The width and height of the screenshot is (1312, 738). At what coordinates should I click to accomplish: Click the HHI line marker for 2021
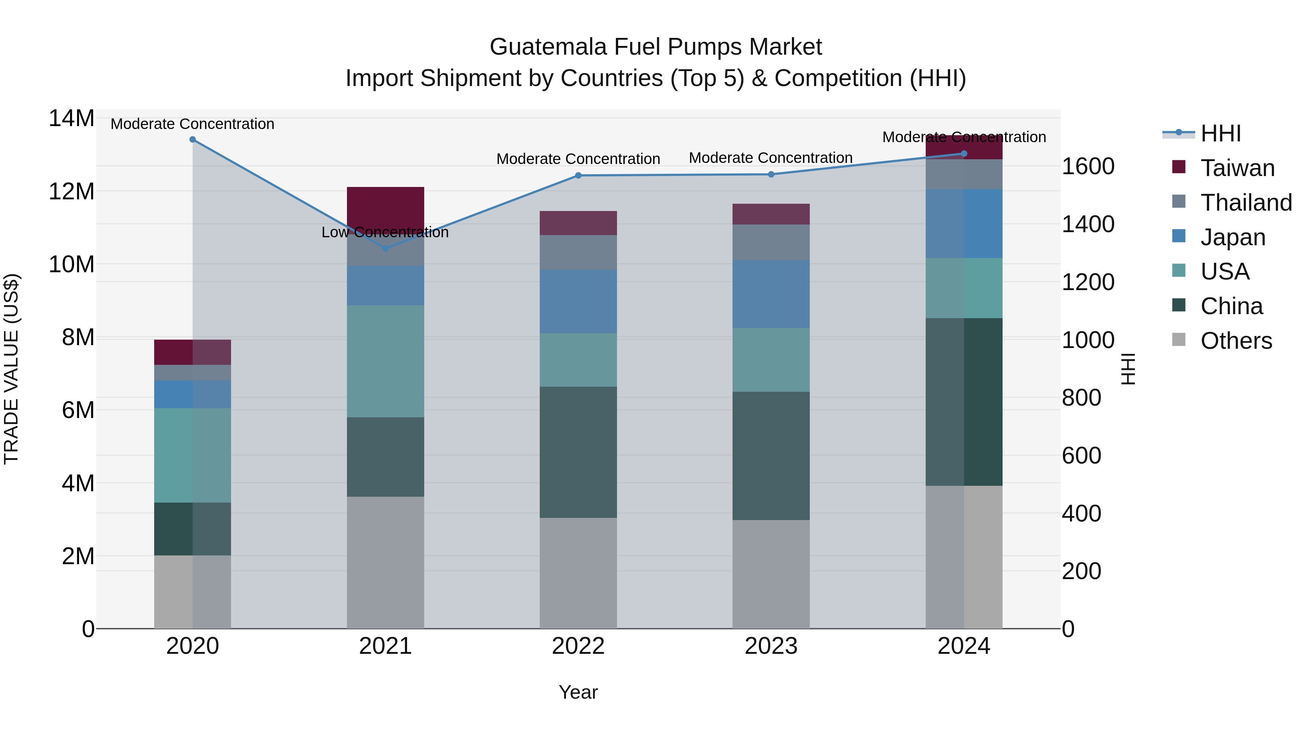coord(385,249)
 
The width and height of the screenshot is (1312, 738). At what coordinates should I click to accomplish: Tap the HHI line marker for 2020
coord(192,140)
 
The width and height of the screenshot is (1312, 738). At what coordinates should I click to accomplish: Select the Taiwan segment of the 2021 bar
coord(385,206)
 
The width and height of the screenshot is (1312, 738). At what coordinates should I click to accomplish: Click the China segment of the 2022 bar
coord(578,452)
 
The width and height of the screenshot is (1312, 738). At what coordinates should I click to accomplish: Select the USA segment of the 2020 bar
coord(192,455)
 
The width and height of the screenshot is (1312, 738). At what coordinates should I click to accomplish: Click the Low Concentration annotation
coord(385,232)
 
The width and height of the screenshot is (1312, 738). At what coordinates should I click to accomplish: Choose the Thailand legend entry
coord(1245,203)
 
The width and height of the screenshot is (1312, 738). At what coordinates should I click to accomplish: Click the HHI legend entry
coord(1220,134)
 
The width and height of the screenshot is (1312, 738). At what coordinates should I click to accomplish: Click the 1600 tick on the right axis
coord(1088,167)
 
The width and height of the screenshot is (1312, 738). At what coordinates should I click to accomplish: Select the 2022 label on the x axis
coord(578,646)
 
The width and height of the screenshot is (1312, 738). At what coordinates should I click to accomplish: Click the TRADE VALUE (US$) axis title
coord(11,369)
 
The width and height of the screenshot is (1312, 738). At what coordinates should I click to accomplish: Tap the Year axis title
coord(578,692)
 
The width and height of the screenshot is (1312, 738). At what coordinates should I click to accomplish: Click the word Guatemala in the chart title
coord(548,47)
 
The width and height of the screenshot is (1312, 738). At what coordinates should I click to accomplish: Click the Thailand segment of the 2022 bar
coord(578,252)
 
